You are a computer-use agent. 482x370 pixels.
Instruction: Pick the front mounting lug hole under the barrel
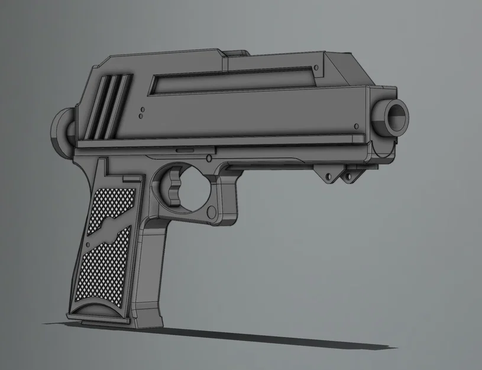[348, 176]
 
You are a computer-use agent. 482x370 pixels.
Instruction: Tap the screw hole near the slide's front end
[356, 126]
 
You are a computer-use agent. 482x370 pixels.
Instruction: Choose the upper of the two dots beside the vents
[144, 108]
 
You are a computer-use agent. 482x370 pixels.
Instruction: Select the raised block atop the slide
[237, 54]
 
